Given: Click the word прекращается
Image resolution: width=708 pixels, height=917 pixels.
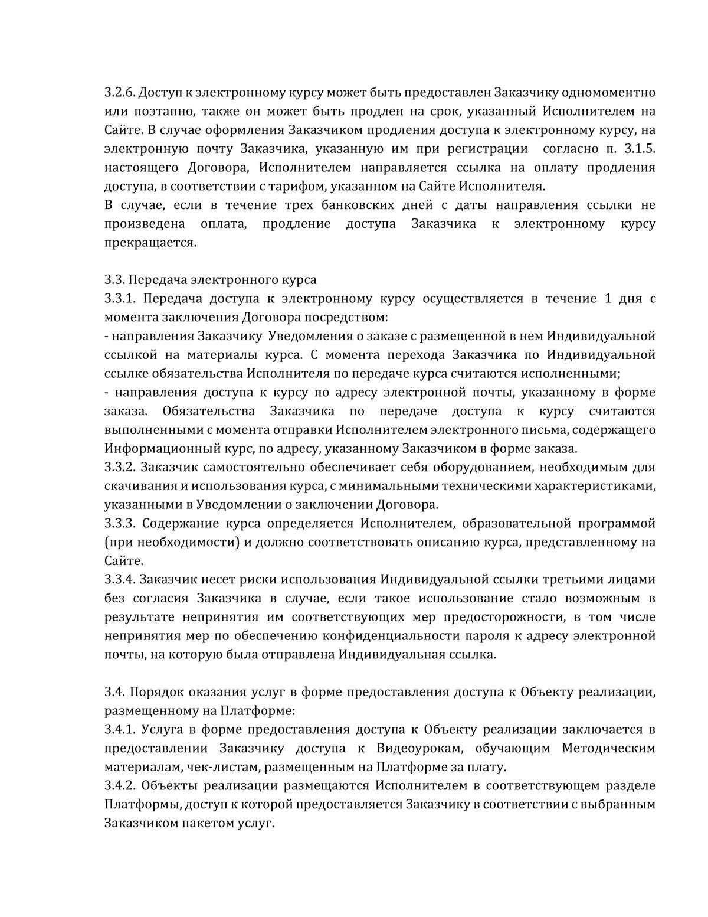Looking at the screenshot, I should click(x=150, y=243).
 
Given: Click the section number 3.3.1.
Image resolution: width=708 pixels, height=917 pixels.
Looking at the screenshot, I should click(x=120, y=299).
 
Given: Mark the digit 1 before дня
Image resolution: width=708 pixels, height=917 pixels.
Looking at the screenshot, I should click(x=608, y=299).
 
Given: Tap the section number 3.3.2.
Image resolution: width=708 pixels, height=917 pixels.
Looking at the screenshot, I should click(x=120, y=467).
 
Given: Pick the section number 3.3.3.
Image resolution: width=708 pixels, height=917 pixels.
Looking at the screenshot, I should click(x=120, y=523).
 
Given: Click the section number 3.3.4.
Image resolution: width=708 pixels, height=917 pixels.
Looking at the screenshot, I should click(x=120, y=579).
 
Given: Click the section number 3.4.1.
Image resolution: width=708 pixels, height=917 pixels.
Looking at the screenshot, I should click(x=120, y=730).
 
